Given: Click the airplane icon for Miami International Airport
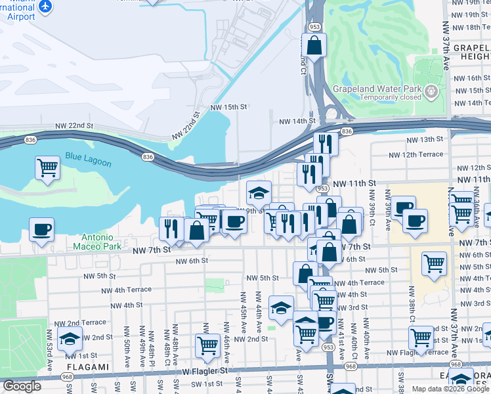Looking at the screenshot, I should coord(45,6).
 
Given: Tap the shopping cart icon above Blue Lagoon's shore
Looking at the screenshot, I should coord(47,167).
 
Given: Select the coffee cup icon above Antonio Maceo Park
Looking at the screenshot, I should coord(43,230).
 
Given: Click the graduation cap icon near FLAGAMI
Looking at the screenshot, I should coord(69,339).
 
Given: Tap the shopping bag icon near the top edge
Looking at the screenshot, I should coord(314,45).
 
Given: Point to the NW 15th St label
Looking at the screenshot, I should coord(228,106).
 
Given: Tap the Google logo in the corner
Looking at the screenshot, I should coord(22,386).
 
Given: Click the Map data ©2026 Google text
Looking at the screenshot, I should coord(450,389).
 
